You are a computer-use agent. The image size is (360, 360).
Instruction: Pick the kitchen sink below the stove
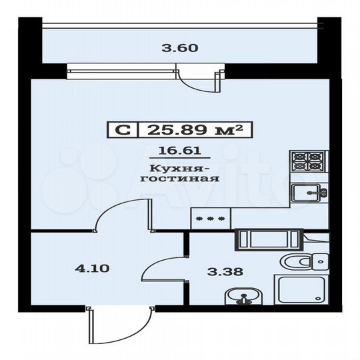[x=309, y=193]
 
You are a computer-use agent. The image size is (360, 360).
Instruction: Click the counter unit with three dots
[x=210, y=218]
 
